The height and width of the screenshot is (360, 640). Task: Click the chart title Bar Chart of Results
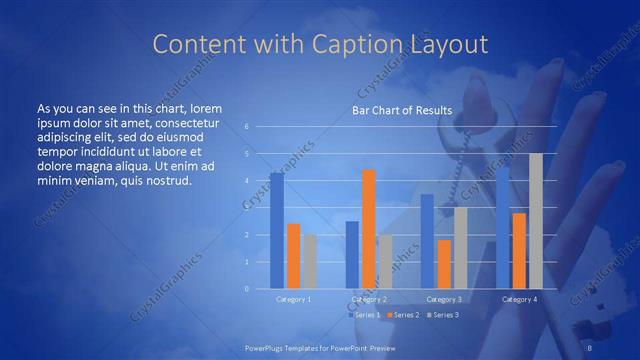pos(401,110)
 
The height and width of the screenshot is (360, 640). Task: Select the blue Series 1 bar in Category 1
pos(276,231)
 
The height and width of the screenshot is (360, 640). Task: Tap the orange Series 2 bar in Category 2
pos(368,229)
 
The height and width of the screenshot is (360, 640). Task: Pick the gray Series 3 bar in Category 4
pos(535,221)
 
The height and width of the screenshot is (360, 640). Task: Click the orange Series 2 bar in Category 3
pos(444,264)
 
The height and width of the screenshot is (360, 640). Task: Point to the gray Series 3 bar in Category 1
pos(310,261)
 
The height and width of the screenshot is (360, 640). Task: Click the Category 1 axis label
pos(293,299)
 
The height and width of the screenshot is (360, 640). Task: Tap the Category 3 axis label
pos(444,299)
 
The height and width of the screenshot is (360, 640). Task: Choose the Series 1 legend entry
pos(365,315)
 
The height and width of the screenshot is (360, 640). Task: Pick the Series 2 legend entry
pos(403,315)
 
